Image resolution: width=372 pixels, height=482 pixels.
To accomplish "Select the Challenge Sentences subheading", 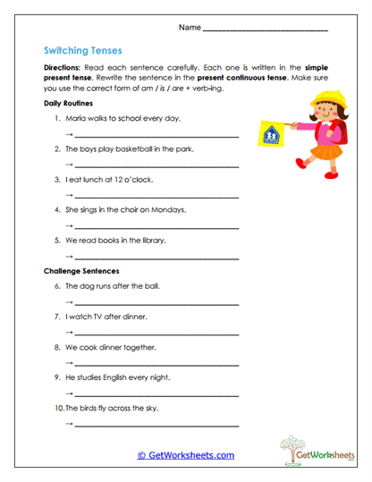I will (x=81, y=270).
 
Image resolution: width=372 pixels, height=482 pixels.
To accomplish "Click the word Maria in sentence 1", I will (x=74, y=118).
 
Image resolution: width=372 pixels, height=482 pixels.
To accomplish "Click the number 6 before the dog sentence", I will (x=56, y=286).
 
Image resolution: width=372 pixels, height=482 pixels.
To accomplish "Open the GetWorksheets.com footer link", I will (x=185, y=455).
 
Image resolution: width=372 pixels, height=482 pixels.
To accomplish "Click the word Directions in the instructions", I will (x=63, y=68).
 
